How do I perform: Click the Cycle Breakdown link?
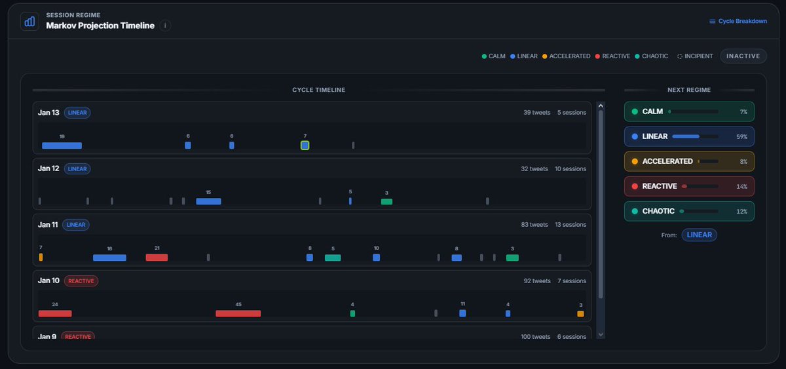pos(738,21)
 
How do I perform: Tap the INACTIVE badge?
pos(743,56)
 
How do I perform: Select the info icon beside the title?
pos(166,26)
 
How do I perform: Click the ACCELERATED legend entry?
pos(567,56)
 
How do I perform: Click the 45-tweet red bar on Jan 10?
pos(238,313)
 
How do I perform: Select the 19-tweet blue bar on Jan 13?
pos(62,146)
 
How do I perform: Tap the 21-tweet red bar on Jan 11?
pos(157,258)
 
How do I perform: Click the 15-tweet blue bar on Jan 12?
pos(208,201)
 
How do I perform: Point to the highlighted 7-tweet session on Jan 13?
pos(305,146)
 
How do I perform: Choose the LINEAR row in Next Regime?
pos(689,136)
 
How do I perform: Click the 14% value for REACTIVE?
pos(741,187)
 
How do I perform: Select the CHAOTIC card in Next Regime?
pos(689,211)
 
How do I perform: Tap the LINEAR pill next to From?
pos(699,235)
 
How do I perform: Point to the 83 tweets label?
pos(534,225)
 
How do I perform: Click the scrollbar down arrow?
pos(601,334)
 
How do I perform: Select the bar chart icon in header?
pos(29,22)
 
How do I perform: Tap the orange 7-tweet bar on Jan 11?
pos(41,258)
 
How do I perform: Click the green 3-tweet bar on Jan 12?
pos(386,201)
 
